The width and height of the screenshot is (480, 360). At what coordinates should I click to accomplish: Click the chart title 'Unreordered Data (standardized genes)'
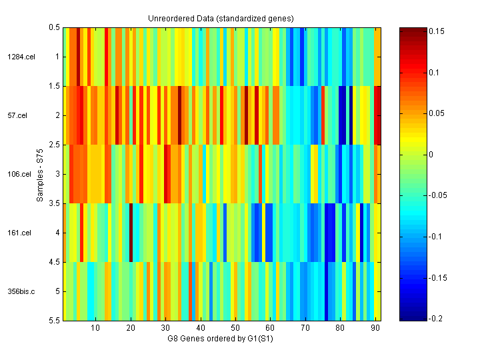[x=221, y=18]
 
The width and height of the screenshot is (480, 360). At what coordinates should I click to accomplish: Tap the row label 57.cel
[x=17, y=115]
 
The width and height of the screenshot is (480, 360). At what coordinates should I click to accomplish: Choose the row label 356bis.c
[x=21, y=291]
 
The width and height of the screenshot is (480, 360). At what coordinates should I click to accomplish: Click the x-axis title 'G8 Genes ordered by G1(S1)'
[x=221, y=339]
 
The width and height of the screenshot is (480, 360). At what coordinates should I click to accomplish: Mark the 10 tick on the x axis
[x=95, y=328]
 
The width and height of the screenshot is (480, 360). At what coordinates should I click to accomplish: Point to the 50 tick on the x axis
[x=235, y=328]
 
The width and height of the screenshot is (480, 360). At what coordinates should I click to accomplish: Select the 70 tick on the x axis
[x=305, y=328]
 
